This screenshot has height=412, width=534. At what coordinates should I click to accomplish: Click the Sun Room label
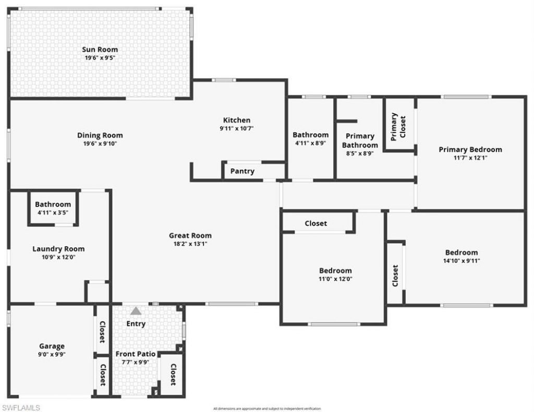click(x=100, y=50)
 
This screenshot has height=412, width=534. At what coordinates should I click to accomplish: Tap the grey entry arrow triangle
click(x=136, y=311)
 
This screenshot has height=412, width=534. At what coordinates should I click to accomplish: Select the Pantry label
click(x=242, y=171)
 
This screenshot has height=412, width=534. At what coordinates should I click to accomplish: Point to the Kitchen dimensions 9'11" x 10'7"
click(x=237, y=128)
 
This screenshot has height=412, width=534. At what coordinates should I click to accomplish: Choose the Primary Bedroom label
click(x=470, y=150)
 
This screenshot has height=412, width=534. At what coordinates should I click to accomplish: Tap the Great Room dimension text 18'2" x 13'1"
click(x=190, y=243)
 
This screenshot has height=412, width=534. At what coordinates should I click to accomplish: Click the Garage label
click(x=52, y=346)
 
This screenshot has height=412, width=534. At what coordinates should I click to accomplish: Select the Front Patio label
click(x=135, y=354)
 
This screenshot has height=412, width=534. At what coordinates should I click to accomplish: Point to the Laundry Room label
click(x=58, y=249)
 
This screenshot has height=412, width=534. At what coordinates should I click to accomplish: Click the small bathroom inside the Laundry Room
click(x=53, y=208)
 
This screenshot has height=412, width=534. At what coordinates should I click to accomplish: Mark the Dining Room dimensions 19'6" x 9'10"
click(x=100, y=143)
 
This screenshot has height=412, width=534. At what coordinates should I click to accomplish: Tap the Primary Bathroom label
click(x=360, y=141)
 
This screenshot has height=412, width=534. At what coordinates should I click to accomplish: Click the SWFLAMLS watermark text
click(x=21, y=407)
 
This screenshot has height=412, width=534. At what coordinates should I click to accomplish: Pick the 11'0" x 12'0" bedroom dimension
click(x=335, y=278)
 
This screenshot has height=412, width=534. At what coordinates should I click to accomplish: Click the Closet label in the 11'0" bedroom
click(x=315, y=223)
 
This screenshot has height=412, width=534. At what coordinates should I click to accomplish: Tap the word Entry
click(x=136, y=323)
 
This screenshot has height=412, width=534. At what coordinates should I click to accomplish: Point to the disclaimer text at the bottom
click(x=267, y=408)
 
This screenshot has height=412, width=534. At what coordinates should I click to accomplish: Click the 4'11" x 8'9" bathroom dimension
click(x=310, y=142)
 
